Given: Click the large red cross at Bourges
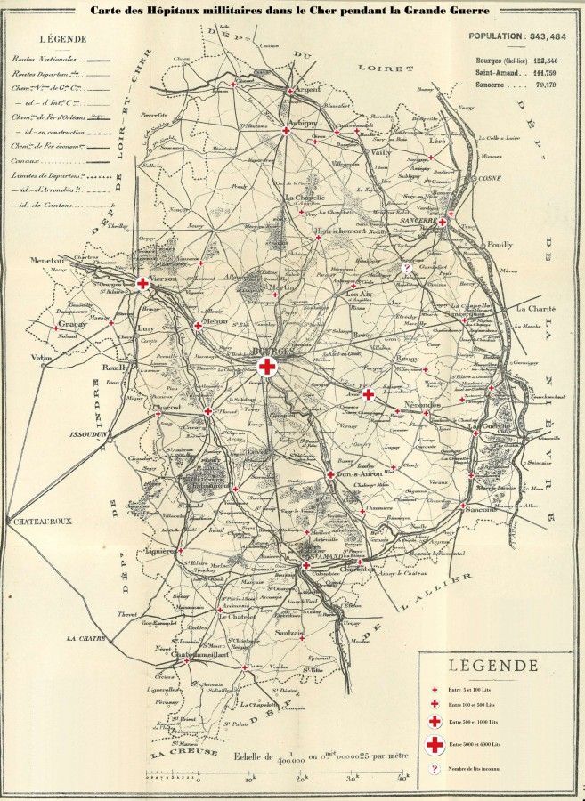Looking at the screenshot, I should pos(265,365).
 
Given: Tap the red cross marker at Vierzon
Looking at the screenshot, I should pos(142,283).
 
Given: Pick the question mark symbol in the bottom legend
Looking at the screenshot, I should pos(435,768).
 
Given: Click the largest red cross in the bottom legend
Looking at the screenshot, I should pos(435,743).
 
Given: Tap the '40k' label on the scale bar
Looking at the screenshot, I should pos(402,778).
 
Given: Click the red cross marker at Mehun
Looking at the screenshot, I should pos(197,326).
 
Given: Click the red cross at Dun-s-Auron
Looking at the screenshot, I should pos(330,474).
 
